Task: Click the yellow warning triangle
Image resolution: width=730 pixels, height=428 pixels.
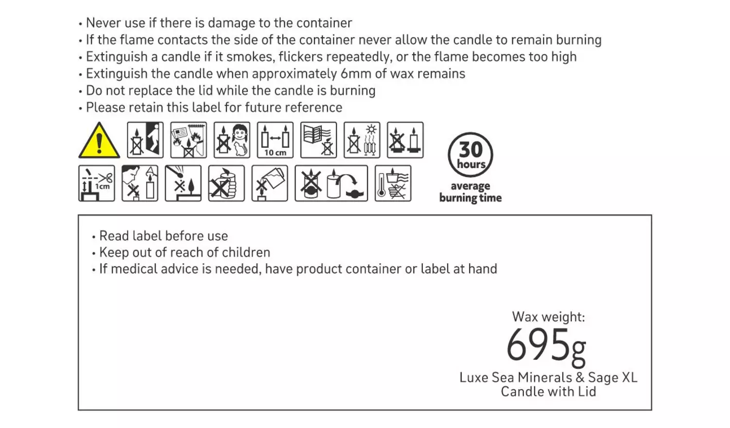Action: (99, 141)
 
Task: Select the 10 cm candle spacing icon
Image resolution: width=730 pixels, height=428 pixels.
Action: (275, 140)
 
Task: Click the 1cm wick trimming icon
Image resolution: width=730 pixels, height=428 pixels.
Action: (96, 183)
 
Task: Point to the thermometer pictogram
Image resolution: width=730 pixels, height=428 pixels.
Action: (393, 183)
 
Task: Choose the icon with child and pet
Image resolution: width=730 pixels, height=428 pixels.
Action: (232, 140)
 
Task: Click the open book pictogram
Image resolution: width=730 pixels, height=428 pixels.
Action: (318, 140)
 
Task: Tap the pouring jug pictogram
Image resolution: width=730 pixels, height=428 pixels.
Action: (270, 183)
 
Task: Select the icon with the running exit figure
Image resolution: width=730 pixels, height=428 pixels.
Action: (145, 140)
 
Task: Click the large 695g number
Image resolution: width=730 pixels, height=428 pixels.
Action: (546, 346)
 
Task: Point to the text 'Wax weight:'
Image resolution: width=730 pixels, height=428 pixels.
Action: (548, 317)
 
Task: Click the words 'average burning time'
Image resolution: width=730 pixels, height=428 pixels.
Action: (470, 192)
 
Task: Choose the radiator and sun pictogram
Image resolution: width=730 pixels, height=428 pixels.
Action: (362, 140)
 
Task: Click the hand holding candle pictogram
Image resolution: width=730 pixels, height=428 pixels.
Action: (226, 183)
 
